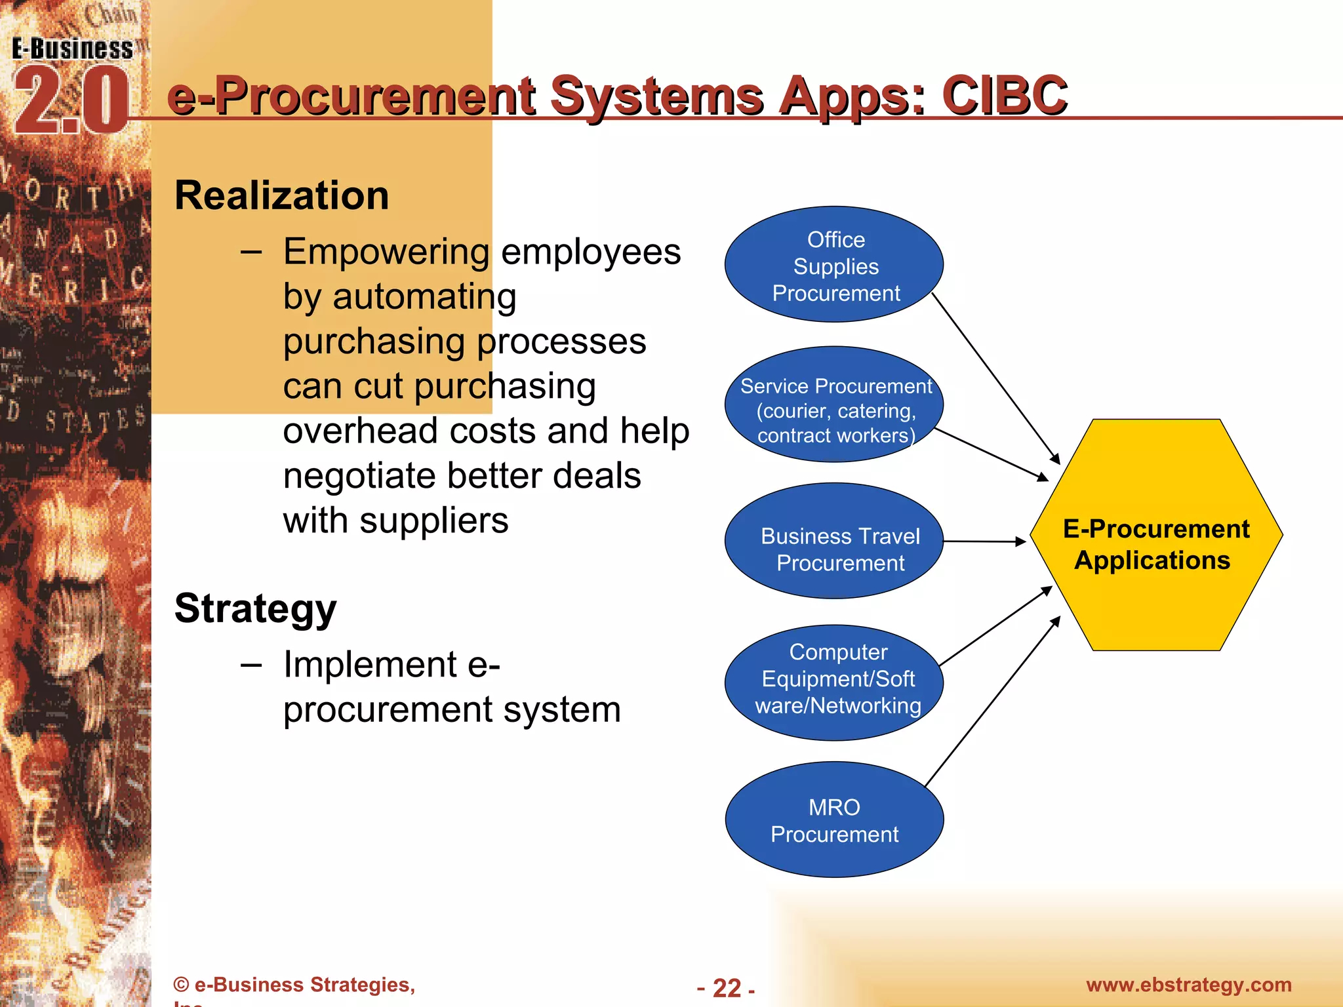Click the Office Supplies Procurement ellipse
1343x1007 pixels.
click(834, 265)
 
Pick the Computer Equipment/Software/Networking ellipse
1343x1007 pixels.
click(834, 682)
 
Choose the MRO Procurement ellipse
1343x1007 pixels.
click(834, 819)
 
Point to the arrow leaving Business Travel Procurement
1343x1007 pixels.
click(984, 542)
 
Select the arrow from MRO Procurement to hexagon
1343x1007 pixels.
click(992, 701)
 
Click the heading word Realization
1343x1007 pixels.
click(282, 196)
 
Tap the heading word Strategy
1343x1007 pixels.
click(255, 609)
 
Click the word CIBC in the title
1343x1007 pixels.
click(1005, 96)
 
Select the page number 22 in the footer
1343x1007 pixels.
click(727, 988)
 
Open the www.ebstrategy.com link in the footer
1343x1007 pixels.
click(1188, 985)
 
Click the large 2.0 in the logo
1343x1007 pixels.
click(71, 102)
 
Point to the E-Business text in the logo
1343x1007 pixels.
click(72, 49)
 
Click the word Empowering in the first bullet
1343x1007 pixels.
click(386, 252)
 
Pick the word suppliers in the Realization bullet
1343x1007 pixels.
click(433, 521)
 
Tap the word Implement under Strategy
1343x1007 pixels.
click(371, 665)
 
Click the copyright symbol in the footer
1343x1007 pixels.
click(181, 985)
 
